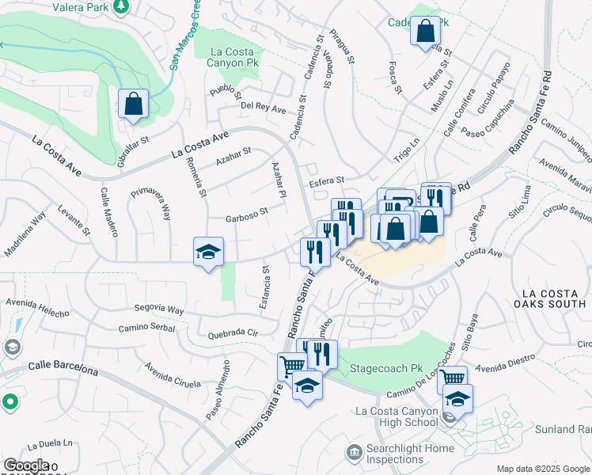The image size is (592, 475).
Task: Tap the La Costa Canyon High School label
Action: click(x=397, y=416)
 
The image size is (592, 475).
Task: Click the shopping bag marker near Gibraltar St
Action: click(x=134, y=104)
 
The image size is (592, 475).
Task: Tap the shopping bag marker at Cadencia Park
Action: click(x=425, y=32)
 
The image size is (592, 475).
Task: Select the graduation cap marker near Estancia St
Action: click(x=209, y=253)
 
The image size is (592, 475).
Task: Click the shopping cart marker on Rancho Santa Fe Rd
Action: click(x=291, y=367)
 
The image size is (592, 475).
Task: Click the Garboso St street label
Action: click(x=247, y=212)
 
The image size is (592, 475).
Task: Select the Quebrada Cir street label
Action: click(x=233, y=333)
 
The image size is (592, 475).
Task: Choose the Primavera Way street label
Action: click(x=150, y=203)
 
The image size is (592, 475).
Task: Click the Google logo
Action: click(x=26, y=465)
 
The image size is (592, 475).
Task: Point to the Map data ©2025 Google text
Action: click(x=542, y=469)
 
